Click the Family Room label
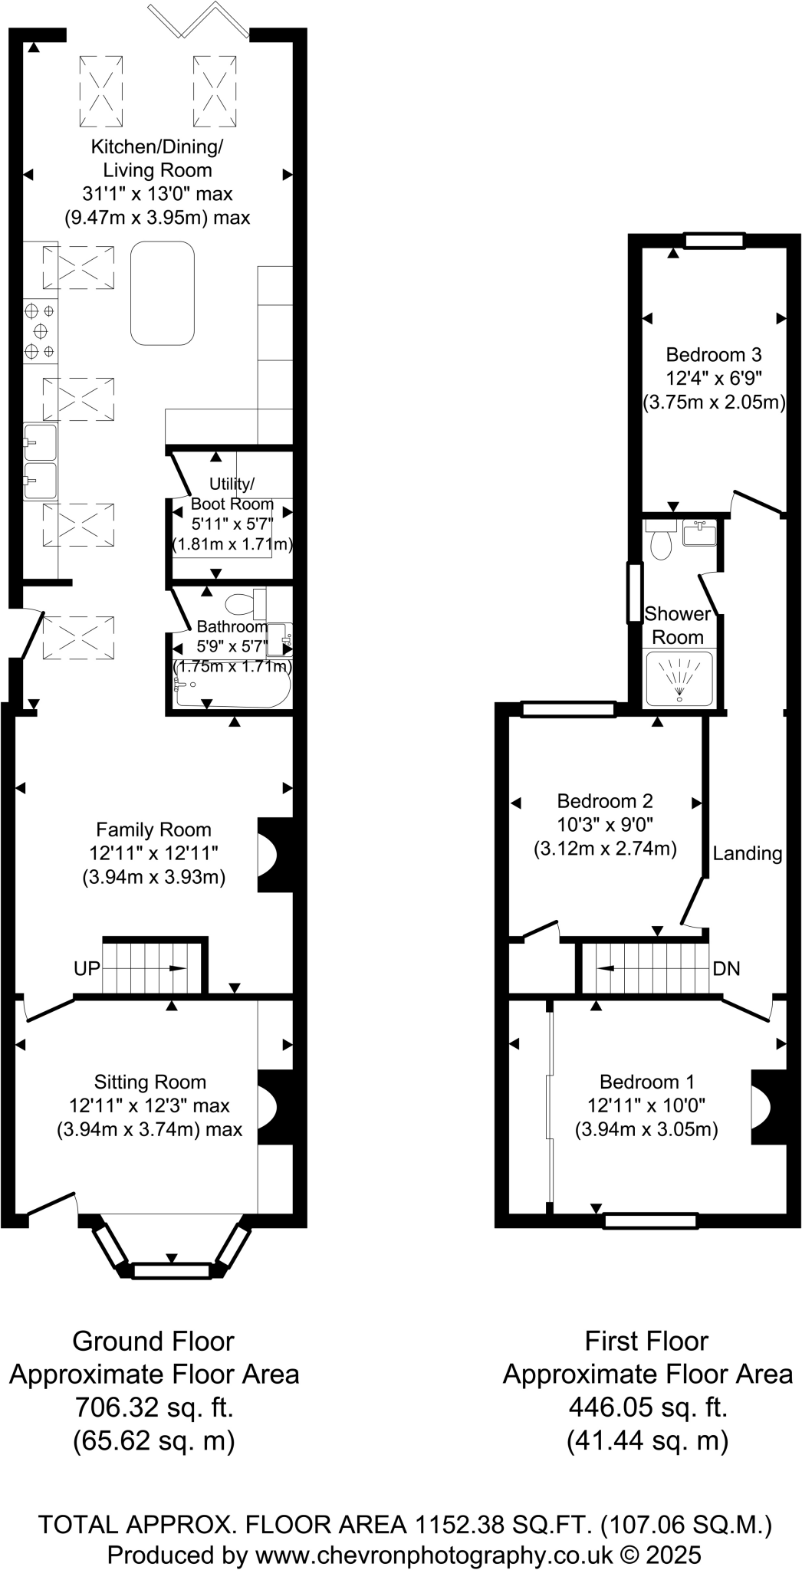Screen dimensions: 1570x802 (153, 829)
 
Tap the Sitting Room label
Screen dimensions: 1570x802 (150, 1082)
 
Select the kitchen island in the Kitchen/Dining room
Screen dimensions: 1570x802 (163, 294)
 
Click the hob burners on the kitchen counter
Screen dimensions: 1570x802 (40, 331)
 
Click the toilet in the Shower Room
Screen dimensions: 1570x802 (659, 543)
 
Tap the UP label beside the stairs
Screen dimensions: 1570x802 (87, 968)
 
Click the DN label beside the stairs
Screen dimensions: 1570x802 (726, 968)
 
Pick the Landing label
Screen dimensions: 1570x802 (748, 853)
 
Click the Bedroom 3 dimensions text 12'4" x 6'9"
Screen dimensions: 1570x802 (713, 378)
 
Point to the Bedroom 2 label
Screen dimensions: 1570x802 (605, 801)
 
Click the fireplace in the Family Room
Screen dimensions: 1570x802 (274, 855)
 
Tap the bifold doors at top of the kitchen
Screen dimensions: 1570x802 (198, 19)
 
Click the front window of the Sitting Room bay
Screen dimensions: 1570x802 (172, 1271)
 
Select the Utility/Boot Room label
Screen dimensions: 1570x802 (232, 494)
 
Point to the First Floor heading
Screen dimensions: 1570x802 (646, 1341)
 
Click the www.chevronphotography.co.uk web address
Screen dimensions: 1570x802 (434, 1555)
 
